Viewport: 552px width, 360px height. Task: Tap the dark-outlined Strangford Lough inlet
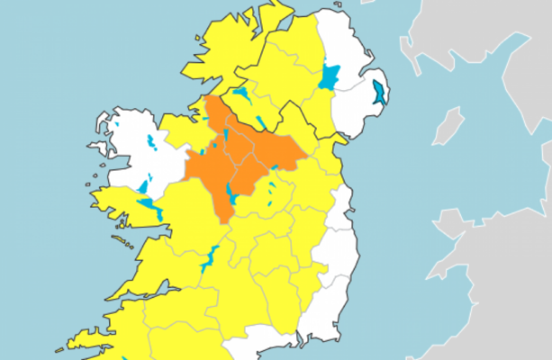click(379, 93)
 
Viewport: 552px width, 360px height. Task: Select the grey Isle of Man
click(448, 125)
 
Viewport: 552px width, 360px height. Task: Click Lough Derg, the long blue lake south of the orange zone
click(209, 259)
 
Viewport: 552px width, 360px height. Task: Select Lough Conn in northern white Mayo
click(150, 141)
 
